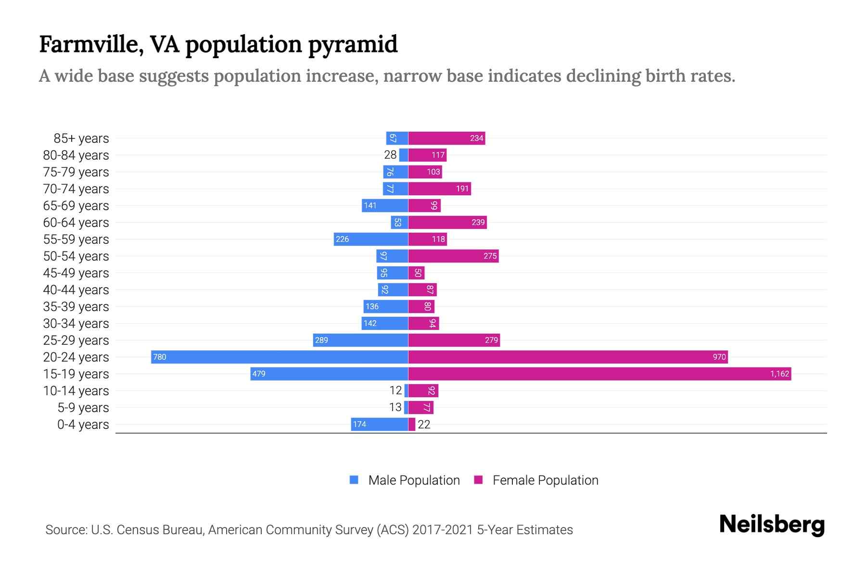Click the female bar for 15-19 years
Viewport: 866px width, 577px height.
click(x=599, y=374)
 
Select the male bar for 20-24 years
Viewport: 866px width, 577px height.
click(x=280, y=357)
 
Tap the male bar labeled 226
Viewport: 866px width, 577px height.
click(x=371, y=239)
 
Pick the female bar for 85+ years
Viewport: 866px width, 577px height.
click(x=446, y=138)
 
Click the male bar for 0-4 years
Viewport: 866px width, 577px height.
click(x=380, y=424)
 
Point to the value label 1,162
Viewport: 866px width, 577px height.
click(x=779, y=374)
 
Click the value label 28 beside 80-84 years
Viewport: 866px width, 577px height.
click(x=390, y=155)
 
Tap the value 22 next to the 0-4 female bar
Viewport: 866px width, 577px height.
click(x=424, y=424)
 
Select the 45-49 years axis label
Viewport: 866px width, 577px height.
click(x=76, y=273)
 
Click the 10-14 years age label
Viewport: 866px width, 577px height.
click(x=76, y=390)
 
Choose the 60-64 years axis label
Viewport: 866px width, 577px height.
click(x=76, y=222)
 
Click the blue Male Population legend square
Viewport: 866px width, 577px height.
click(x=354, y=480)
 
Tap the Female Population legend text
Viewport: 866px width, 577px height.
click(x=545, y=480)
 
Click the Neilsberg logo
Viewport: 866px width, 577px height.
click(x=772, y=525)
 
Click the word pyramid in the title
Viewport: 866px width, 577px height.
click(x=352, y=44)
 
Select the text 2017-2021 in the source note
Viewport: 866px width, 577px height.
click(x=443, y=529)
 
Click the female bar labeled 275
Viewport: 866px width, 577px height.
click(x=453, y=256)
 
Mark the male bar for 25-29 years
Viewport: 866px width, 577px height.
click(x=360, y=340)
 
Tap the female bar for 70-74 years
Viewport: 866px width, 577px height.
click(x=439, y=188)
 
